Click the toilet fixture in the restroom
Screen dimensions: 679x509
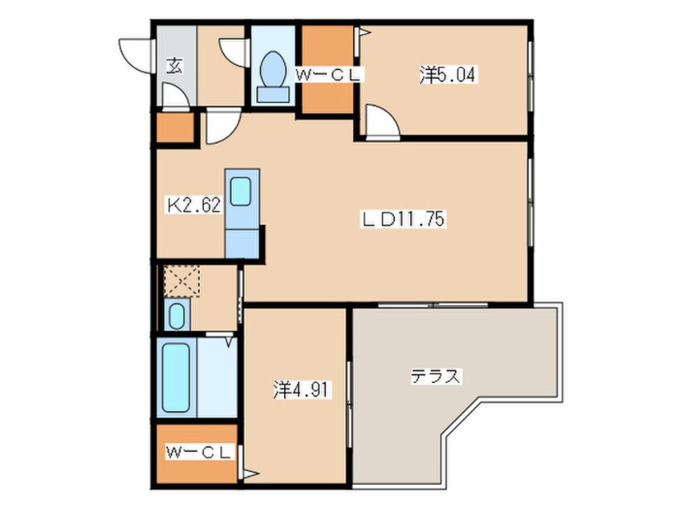(x=273, y=77)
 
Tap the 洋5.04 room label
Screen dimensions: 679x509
(x=448, y=75)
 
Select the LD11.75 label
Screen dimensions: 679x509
(x=403, y=219)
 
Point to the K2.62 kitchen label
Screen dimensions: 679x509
(x=194, y=205)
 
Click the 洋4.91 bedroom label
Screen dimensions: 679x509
(x=302, y=389)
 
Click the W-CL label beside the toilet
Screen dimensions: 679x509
(x=327, y=75)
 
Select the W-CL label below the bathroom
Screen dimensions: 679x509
(x=198, y=453)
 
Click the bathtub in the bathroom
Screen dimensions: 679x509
(x=176, y=377)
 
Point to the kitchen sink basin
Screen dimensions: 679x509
(x=240, y=191)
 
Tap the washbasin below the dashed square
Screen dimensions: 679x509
(x=177, y=316)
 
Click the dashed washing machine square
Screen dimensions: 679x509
(x=182, y=281)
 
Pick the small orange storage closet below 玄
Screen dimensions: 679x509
(x=175, y=128)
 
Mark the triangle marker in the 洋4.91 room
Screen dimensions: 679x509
(x=251, y=474)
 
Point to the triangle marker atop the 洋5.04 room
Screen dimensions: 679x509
(x=364, y=32)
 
